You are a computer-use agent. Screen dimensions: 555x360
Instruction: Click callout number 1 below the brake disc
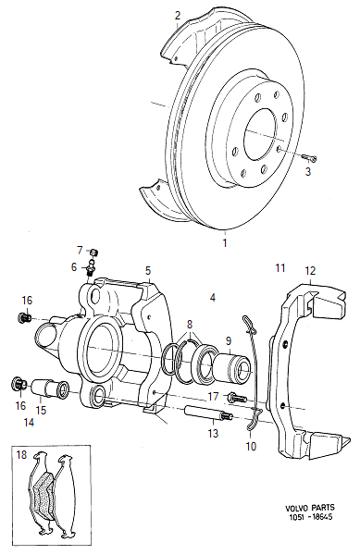coord(223,244)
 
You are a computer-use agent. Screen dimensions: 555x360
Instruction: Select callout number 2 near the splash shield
coord(178,16)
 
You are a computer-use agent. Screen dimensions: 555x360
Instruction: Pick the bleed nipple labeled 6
coord(91,268)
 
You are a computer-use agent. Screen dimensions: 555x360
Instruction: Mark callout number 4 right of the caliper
coord(213,298)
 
